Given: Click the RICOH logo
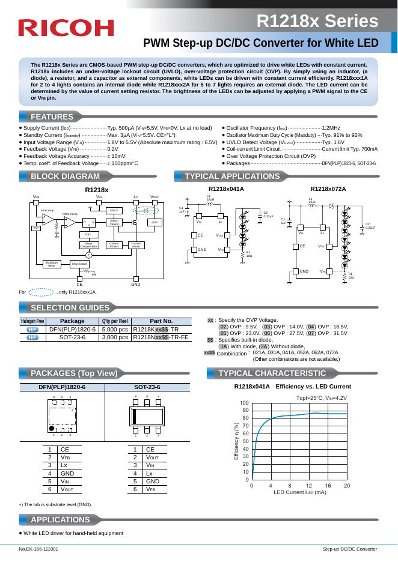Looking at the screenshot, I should (66, 28).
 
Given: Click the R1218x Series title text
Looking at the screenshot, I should (317, 22).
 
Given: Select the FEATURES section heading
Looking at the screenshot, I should (52, 116).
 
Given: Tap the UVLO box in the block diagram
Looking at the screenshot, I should (114, 210).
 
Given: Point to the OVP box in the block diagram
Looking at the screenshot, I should (155, 222).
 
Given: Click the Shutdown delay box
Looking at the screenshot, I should (52, 264).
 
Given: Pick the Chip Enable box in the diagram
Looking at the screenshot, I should (79, 264).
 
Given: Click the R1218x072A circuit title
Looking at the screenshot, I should (328, 189).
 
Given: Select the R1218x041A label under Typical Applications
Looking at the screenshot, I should (225, 189).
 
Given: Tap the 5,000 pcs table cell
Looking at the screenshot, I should (115, 330).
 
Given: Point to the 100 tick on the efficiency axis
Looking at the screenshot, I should (244, 403).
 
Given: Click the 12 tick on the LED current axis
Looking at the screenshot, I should (308, 485).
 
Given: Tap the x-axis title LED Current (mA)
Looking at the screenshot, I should (299, 492).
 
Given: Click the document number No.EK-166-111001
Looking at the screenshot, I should (38, 549).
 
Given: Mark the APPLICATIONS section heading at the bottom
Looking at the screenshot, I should (60, 519).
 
